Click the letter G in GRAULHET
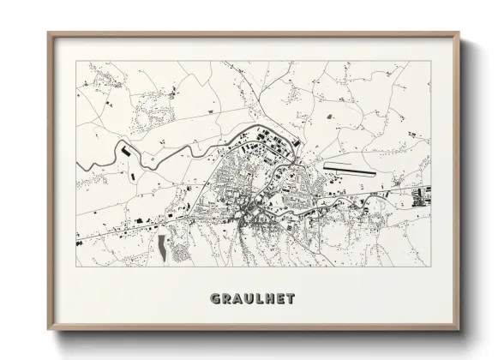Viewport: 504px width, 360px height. (215, 298)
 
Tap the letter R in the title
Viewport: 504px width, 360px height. (226, 298)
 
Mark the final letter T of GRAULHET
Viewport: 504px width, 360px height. (291, 298)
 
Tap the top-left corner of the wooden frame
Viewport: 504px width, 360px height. (49, 33)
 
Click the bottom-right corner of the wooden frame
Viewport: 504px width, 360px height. (459, 330)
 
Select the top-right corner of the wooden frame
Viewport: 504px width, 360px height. (459, 33)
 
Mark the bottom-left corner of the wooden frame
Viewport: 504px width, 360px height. (49, 330)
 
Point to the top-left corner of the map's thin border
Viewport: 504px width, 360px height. (76, 61)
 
